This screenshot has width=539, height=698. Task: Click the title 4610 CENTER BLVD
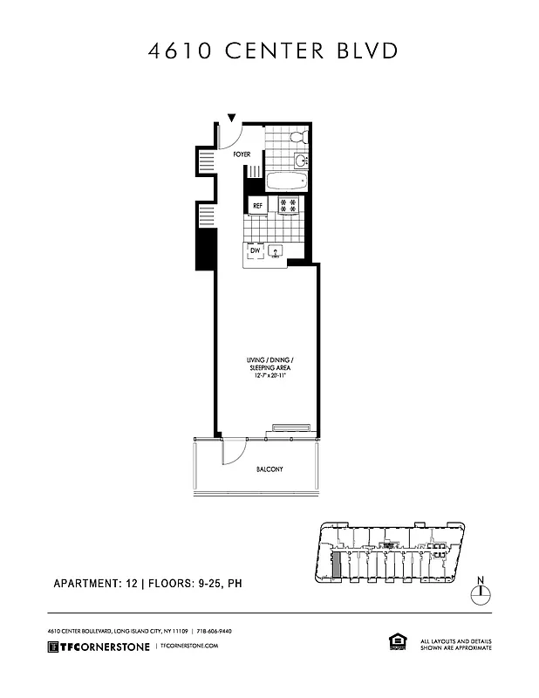273,51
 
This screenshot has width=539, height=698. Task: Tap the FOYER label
241,154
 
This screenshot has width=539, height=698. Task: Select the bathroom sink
299,161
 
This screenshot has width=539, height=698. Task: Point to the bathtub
285,182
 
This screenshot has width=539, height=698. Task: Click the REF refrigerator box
257,206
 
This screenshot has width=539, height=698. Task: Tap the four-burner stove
288,206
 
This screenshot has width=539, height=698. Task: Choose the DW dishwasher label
256,251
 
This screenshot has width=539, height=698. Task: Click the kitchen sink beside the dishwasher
277,252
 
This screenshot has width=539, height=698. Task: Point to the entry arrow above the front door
231,118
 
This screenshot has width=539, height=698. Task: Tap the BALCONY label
269,469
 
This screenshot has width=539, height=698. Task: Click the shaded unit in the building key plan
337,565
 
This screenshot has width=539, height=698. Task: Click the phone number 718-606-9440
214,630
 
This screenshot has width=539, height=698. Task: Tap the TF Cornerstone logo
98,646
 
